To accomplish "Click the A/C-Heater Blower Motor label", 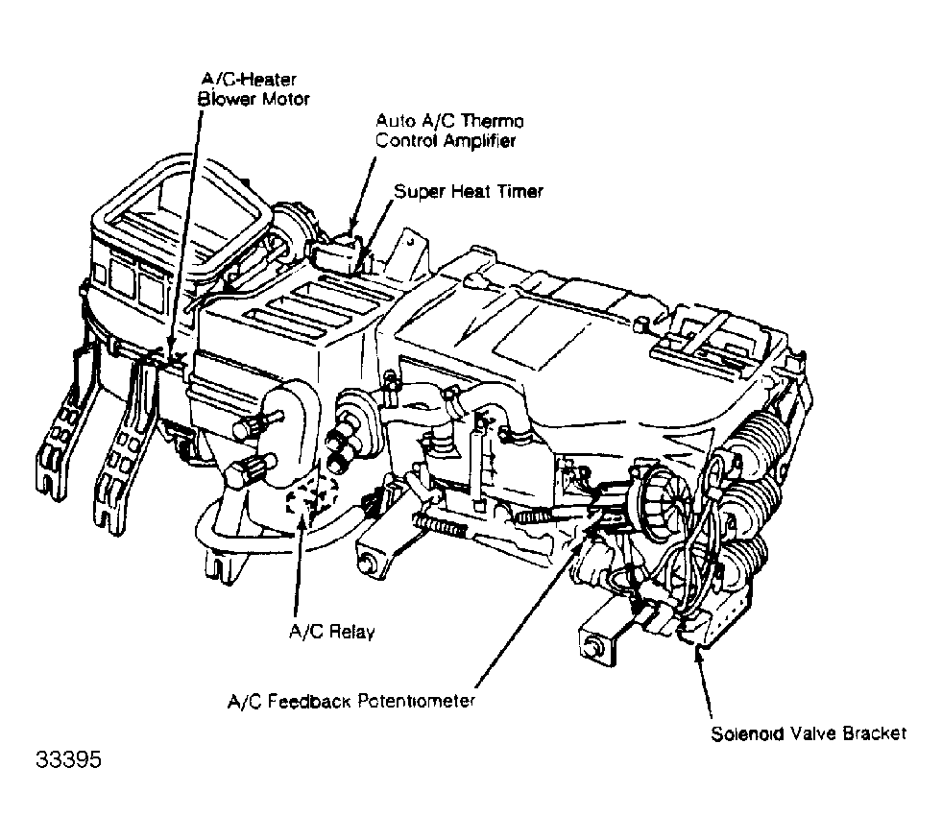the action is point(254,89).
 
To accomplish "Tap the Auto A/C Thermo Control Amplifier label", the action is point(449,131).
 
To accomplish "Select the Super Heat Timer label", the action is point(469,192).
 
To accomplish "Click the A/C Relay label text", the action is point(332,632).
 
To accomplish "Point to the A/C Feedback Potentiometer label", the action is point(351,701).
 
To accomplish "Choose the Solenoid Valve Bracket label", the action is point(809,733).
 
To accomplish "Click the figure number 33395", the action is point(68,759).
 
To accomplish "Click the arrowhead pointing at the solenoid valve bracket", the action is point(698,655).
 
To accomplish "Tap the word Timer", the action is point(520,192).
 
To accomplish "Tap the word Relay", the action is point(352,633).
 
